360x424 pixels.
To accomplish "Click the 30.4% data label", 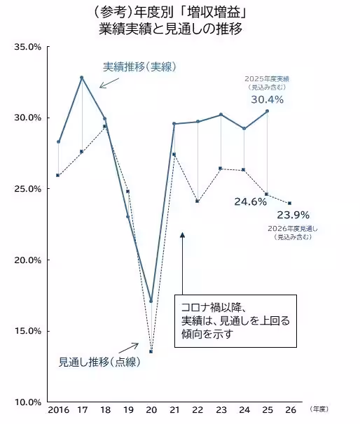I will [267, 99].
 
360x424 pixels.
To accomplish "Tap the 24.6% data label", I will [250, 202].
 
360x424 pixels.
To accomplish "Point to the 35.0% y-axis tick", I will [28, 46].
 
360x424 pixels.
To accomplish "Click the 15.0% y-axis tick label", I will [28, 331].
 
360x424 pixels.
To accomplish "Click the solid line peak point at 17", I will [82, 77].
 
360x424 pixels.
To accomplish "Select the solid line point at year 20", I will [151, 302].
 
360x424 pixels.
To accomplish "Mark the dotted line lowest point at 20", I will [151, 351].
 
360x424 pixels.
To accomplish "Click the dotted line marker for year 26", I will [290, 203].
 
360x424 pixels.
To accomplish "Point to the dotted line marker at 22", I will [198, 201].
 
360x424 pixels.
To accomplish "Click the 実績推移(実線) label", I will [139, 67].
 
